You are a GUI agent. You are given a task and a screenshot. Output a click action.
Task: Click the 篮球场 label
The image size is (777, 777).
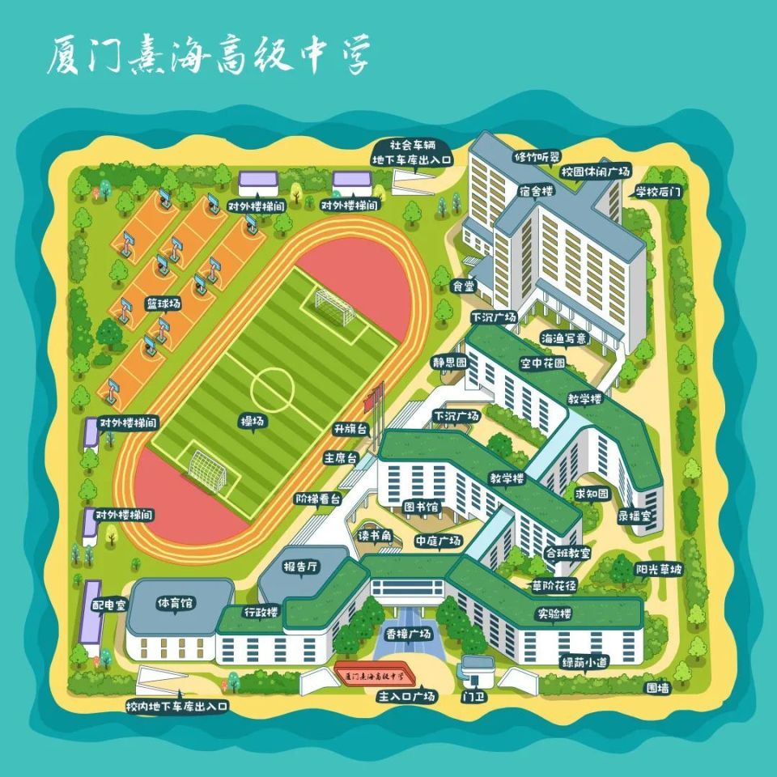click(163, 304)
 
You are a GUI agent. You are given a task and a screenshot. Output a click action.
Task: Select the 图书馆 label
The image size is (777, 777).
click(421, 507)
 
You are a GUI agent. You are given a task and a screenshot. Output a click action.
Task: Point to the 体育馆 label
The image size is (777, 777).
click(175, 603)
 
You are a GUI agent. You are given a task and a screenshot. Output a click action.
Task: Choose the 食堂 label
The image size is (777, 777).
click(463, 286)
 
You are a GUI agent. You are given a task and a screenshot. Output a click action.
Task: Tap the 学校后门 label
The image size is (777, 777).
click(658, 192)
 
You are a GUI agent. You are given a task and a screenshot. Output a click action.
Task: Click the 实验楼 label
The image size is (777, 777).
click(554, 614)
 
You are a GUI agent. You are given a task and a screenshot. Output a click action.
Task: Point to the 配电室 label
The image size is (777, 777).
click(109, 605)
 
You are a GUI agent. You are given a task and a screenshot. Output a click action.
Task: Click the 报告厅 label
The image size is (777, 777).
click(300, 567)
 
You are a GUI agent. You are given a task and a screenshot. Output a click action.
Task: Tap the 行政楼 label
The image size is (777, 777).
click(261, 612)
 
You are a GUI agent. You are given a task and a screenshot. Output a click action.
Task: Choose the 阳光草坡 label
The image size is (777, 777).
click(659, 569)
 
